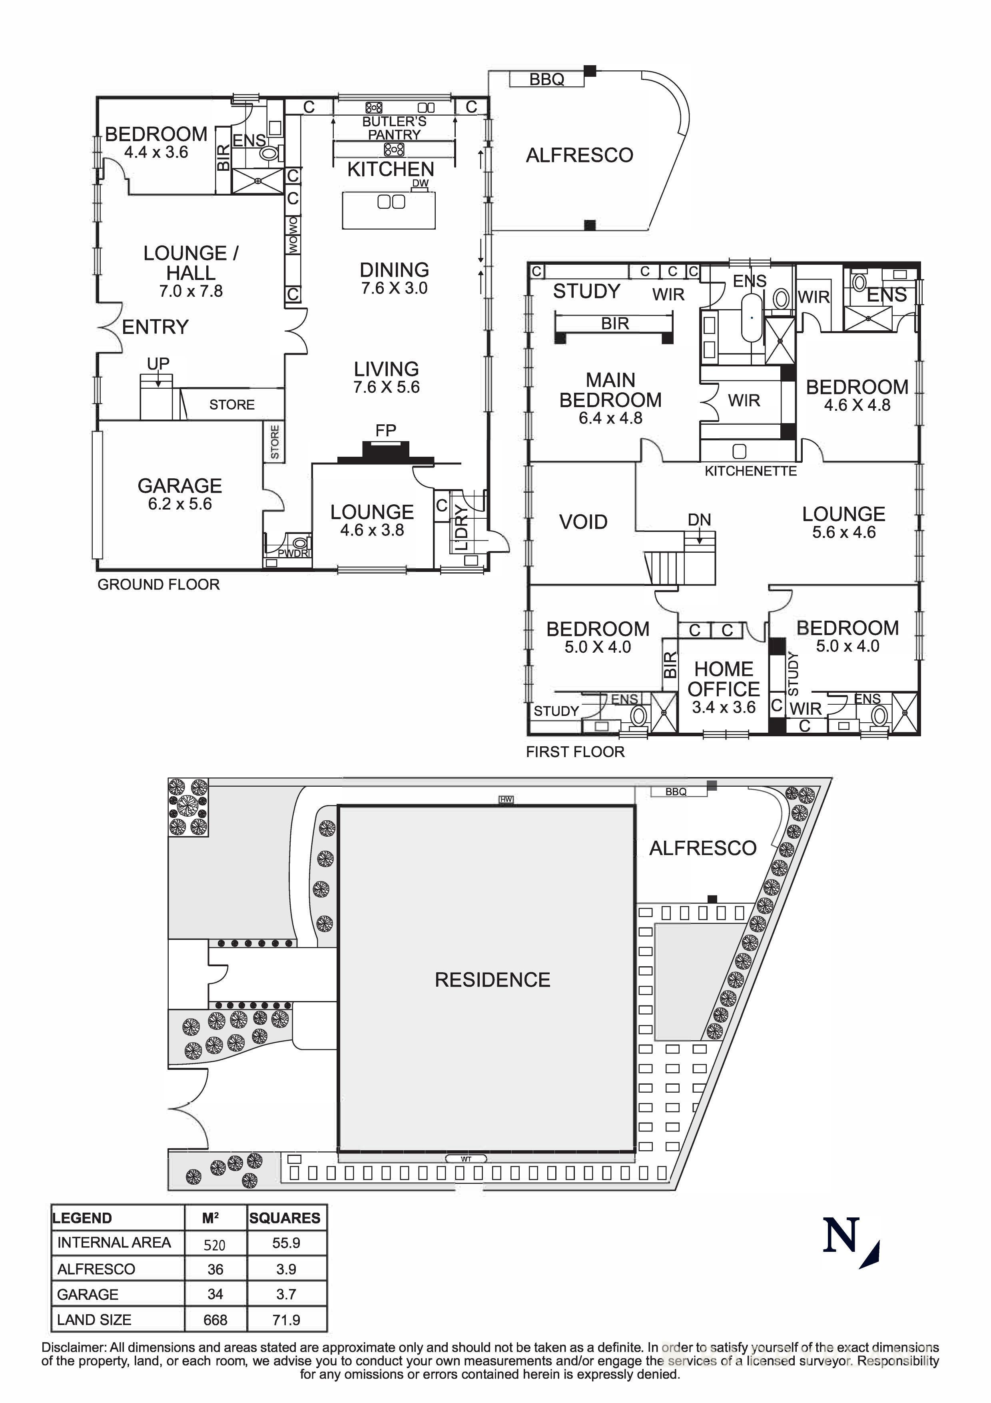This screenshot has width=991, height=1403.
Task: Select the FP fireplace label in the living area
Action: tap(386, 431)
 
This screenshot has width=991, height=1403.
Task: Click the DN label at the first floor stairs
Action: tap(699, 520)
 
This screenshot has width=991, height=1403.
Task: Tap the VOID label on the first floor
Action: tap(583, 522)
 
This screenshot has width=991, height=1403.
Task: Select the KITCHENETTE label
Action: tap(750, 471)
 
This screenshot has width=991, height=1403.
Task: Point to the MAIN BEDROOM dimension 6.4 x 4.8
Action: tap(610, 419)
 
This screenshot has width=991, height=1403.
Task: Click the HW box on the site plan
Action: tap(506, 799)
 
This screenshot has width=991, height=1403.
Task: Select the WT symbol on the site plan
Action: tap(466, 1159)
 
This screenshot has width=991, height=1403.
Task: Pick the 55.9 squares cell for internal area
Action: tap(286, 1243)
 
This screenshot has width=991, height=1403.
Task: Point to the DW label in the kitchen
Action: tap(420, 183)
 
